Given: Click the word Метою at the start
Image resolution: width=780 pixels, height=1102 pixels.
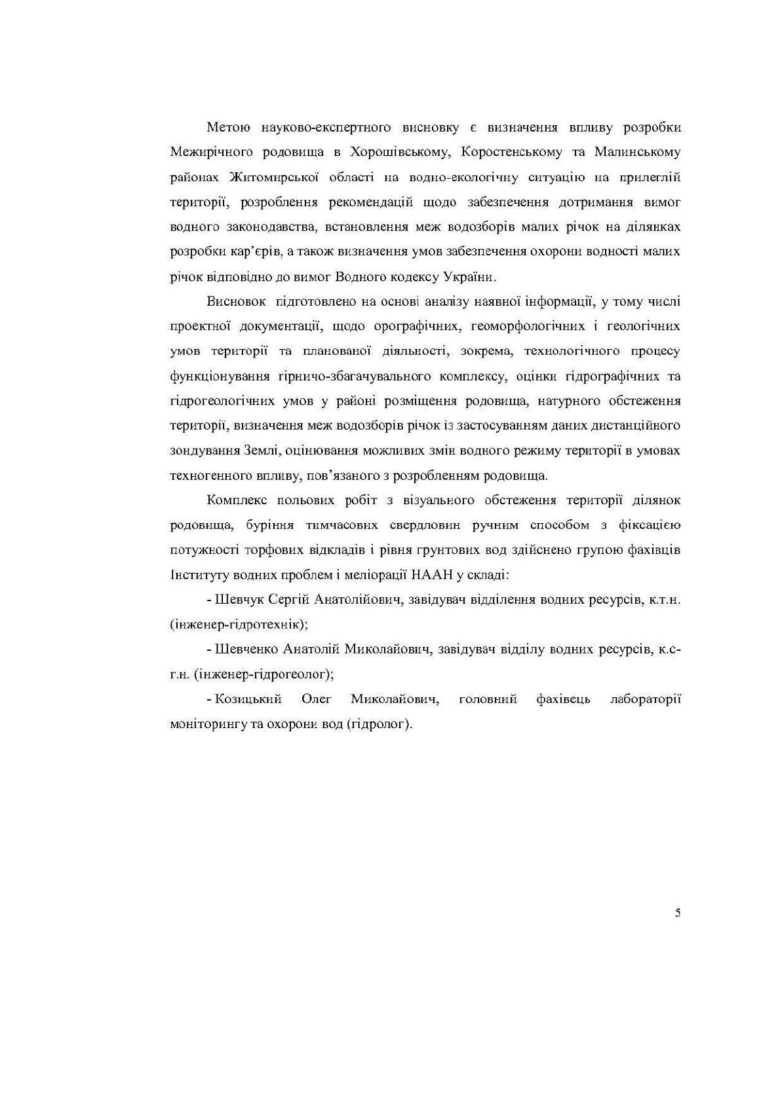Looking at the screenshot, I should point(224,127).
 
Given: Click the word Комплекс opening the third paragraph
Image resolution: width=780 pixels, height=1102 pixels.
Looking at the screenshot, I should point(235,501).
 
